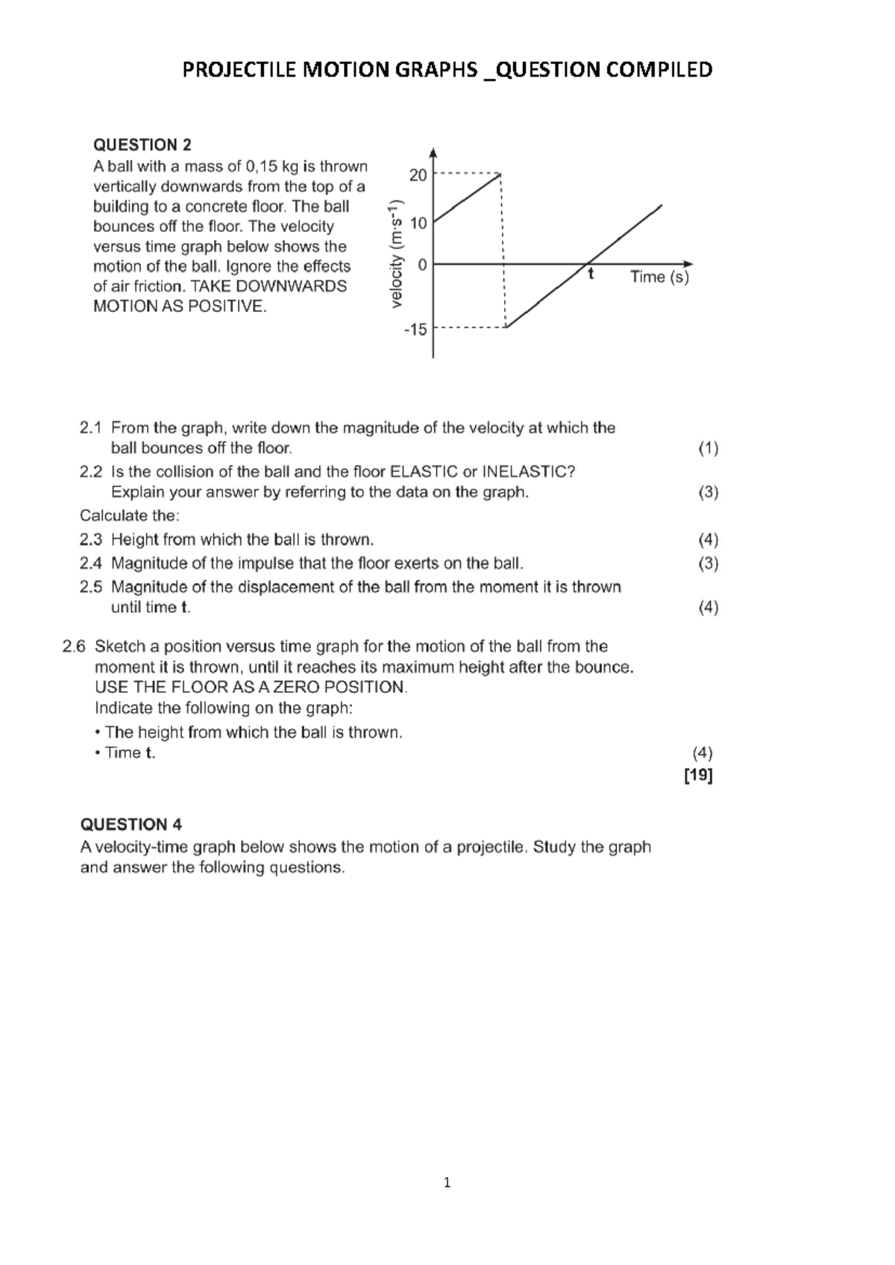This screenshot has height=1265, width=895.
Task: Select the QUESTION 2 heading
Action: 142,145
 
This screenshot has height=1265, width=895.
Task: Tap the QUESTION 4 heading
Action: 131,824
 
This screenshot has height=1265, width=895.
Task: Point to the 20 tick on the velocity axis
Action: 418,175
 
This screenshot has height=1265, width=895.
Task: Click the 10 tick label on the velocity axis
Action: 418,222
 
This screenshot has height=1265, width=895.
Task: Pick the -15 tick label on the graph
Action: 415,329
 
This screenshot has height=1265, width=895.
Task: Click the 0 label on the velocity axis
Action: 422,264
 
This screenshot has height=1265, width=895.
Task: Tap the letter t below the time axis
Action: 590,274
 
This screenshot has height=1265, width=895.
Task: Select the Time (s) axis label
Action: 659,277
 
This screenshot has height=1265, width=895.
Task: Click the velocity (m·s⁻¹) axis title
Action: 396,254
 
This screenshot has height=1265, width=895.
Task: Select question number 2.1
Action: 90,428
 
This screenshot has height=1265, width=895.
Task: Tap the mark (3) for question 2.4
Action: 708,563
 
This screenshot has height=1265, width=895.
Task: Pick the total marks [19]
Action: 698,776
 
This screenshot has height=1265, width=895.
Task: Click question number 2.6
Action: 75,647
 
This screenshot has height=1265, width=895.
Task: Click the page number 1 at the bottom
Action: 447,1182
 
